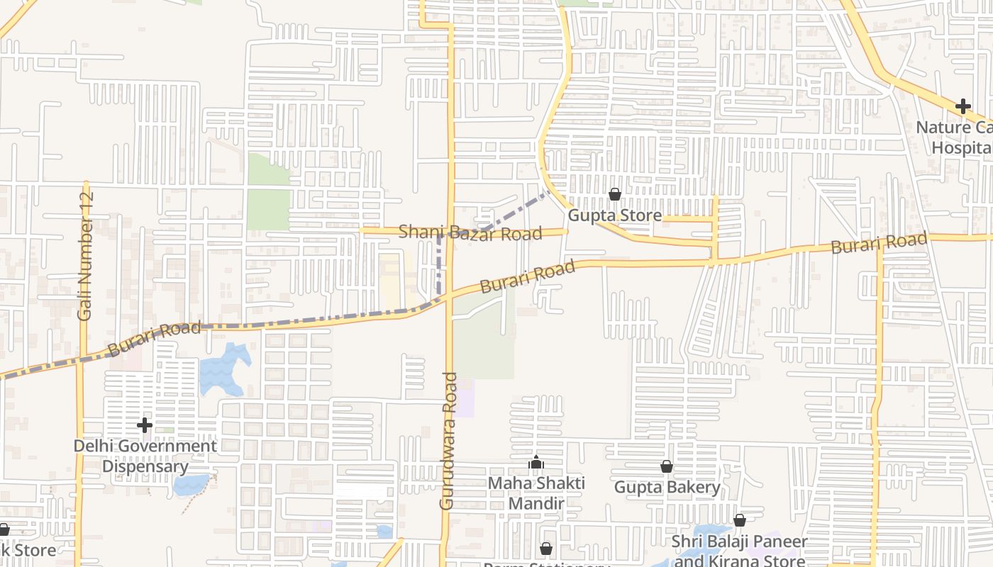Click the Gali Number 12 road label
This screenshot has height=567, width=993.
click(x=86, y=255)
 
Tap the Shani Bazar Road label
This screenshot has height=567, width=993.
click(x=470, y=232)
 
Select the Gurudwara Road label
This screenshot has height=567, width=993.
click(x=448, y=441)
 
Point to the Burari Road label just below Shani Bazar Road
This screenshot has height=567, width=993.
click(x=527, y=277)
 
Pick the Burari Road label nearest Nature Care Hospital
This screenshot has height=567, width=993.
click(x=879, y=243)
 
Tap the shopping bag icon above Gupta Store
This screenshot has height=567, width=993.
click(x=615, y=194)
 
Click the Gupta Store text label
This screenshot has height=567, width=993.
click(x=615, y=215)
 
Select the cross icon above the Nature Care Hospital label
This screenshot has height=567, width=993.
click(x=963, y=107)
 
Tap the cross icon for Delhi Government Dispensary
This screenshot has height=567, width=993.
click(x=145, y=425)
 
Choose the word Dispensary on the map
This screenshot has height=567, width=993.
click(x=145, y=466)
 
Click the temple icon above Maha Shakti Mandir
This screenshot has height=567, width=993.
click(x=536, y=464)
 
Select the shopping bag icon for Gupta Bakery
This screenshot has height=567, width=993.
click(x=667, y=466)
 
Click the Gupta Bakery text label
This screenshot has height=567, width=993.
click(x=667, y=488)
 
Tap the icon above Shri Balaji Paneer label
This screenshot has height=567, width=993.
click(x=740, y=521)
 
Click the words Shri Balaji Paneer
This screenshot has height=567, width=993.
click(x=740, y=542)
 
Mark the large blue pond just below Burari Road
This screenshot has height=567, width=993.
click(x=224, y=369)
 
